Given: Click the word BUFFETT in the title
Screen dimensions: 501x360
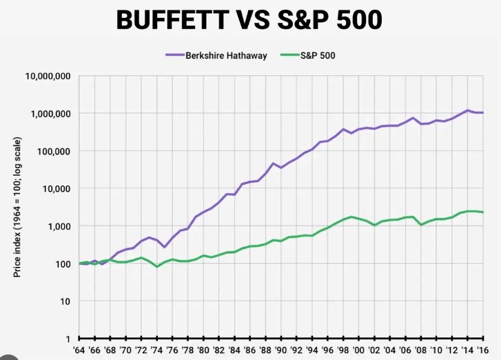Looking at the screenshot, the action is click(172, 20).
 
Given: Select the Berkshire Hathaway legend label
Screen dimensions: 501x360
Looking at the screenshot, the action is click(226, 55).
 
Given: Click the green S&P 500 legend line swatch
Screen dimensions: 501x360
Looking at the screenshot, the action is click(290, 55).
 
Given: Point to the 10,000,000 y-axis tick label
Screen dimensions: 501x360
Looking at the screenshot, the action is click(48, 76).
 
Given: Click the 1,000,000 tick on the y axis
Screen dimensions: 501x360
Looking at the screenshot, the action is click(50, 114).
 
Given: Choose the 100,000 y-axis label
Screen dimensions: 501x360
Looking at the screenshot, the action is click(53, 151).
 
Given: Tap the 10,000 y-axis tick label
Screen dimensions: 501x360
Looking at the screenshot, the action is click(57, 189).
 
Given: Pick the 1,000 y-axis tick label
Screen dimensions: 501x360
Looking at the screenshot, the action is click(59, 226).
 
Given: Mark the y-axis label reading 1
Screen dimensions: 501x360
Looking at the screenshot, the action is click(68, 339).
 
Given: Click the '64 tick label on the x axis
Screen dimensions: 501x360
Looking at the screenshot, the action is click(79, 350).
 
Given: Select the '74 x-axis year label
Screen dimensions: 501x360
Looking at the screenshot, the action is click(156, 350).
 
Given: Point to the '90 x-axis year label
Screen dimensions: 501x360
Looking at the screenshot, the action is click(281, 350).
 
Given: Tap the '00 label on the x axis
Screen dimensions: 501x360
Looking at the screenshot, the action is click(358, 350).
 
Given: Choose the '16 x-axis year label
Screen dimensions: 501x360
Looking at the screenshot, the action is click(482, 350).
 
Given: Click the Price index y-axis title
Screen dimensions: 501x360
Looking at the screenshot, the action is click(17, 207).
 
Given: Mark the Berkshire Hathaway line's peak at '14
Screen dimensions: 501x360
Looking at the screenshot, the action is click(467, 110).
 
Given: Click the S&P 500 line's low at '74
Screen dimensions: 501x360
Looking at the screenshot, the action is click(157, 266).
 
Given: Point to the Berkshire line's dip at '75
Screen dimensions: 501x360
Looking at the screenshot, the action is click(165, 247).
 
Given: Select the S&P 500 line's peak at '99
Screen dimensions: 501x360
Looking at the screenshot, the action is click(351, 217).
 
